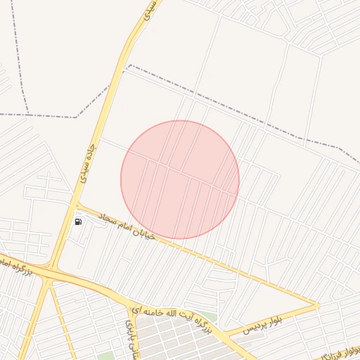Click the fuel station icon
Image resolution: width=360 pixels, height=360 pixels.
pos(77,222)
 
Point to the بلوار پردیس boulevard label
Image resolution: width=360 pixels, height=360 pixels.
pos(264,324)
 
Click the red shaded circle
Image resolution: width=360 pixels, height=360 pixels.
pos(180,180)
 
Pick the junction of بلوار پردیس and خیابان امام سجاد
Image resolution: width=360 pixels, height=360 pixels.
pos(318,306)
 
